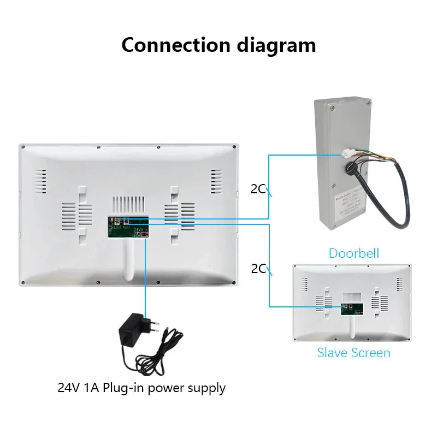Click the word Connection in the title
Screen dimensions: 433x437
coord(176,44)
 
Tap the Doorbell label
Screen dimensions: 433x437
coord(353,253)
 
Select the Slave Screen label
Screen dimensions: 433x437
coord(353,353)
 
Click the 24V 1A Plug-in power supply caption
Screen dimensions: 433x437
coord(141,388)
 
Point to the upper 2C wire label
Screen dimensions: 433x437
coord(258,189)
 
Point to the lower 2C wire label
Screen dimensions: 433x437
coord(258,268)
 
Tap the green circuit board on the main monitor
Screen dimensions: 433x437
coord(129,227)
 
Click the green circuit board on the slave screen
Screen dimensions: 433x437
coord(351,310)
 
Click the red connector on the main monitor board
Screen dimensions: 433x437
coord(145,234)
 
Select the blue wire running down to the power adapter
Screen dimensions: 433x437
coord(145,273)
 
